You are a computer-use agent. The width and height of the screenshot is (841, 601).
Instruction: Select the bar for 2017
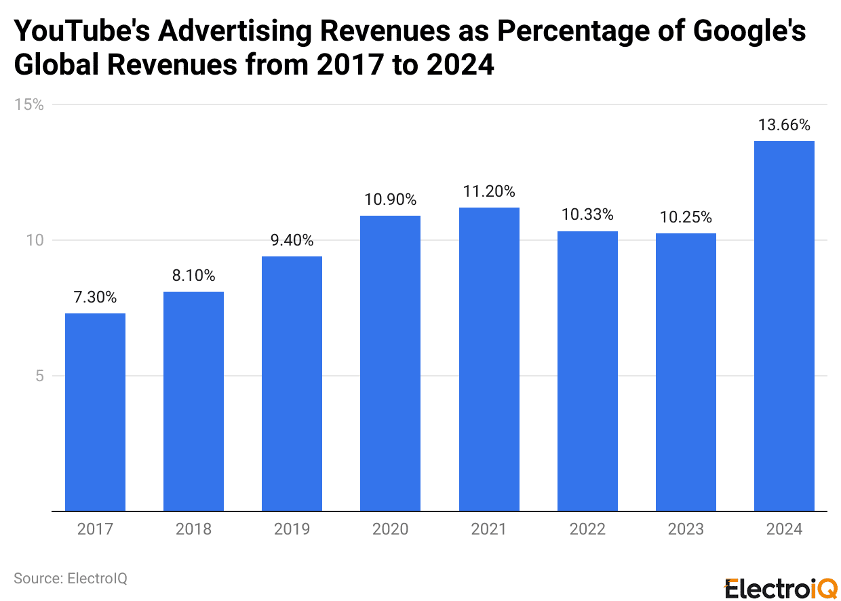pos(95,412)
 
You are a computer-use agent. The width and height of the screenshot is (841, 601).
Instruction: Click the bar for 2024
pos(784,326)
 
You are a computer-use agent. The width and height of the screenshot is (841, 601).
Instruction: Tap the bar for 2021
pos(489,359)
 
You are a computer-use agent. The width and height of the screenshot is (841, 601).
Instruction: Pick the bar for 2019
pos(292,383)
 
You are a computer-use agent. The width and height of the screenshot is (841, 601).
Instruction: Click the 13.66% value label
pos(784,125)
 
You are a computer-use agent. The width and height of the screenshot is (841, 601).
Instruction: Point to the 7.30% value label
pos(95,297)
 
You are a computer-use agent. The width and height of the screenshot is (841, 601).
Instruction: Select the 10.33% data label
pos(587,215)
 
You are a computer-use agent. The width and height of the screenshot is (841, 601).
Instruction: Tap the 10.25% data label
pos(686,217)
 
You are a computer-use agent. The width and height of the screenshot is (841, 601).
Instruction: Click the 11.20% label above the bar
pos(489,191)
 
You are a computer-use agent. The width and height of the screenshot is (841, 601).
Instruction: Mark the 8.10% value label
pos(193,275)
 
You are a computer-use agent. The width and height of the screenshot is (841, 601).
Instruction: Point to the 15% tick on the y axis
pos(29,104)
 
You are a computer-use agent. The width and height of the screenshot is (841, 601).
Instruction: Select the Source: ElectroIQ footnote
pos(71,579)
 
